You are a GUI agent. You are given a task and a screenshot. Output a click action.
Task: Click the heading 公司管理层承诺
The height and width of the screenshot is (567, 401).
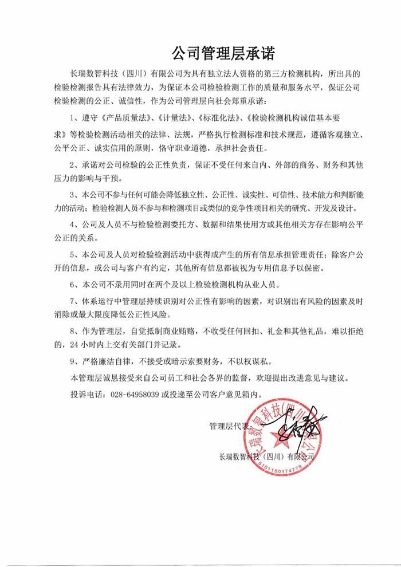tap(224, 54)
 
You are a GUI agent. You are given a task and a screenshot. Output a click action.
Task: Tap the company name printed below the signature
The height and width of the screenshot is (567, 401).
tap(267, 456)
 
